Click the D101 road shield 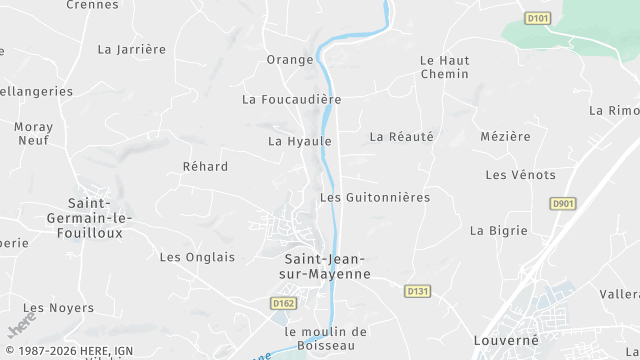(538, 18)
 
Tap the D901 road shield (563, 203)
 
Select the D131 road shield (418, 291)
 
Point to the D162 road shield (284, 301)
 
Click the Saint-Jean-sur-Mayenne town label (321, 266)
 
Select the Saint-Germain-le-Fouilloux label (91, 217)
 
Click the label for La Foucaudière (292, 100)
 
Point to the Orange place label (290, 60)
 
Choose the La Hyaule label (299, 142)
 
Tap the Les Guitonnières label (374, 198)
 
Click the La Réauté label (402, 136)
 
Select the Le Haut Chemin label (445, 67)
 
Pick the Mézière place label (505, 136)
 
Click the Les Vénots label (520, 175)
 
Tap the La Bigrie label (498, 231)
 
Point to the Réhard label (205, 167)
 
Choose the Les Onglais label (197, 257)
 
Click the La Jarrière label (131, 48)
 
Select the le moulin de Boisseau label (326, 339)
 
